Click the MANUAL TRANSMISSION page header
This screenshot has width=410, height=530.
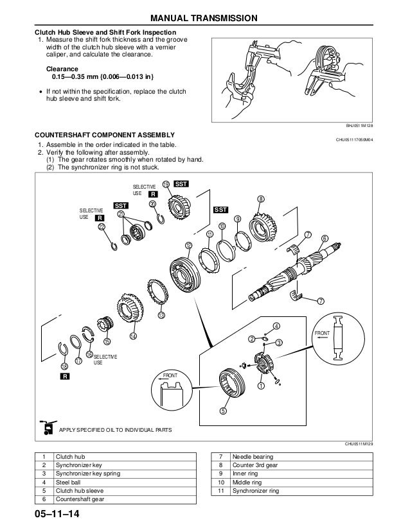pyautogui.click(x=205, y=17)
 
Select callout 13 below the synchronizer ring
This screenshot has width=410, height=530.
pyautogui.click(x=161, y=316)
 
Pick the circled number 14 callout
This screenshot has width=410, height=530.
pyautogui.click(x=133, y=336)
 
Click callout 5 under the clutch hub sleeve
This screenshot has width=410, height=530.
pyautogui.click(x=223, y=411)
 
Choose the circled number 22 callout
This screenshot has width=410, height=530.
pyautogui.click(x=101, y=227)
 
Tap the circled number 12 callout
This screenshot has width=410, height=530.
pyautogui.click(x=188, y=245)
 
